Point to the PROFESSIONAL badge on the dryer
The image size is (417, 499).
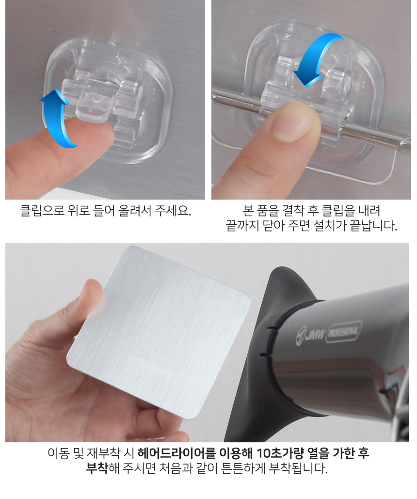click(343, 331)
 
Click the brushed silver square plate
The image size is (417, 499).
click(159, 331)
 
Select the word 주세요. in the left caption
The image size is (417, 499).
click(173, 210)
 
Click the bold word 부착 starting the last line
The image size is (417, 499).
click(97, 468)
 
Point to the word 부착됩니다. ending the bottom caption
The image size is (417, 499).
click(298, 468)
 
